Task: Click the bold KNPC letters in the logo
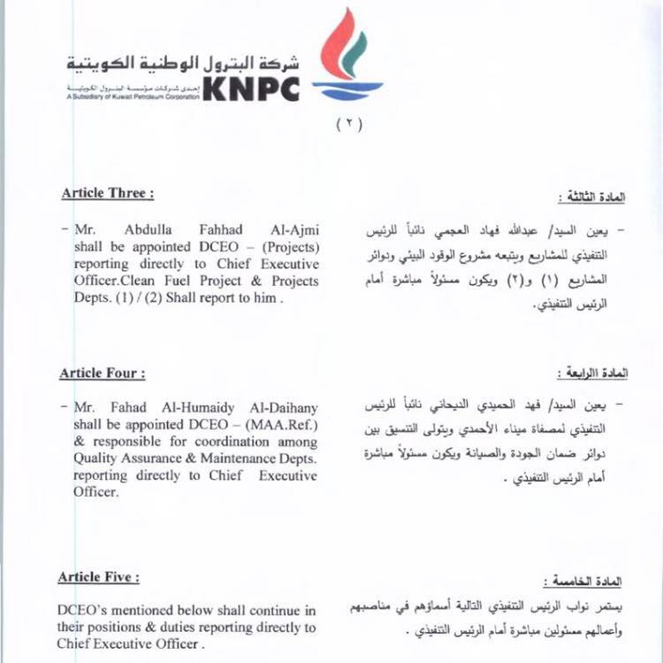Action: [252, 89]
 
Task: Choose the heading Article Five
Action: [98, 577]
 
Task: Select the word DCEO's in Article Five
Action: [85, 612]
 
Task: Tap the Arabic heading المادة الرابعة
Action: [578, 374]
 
